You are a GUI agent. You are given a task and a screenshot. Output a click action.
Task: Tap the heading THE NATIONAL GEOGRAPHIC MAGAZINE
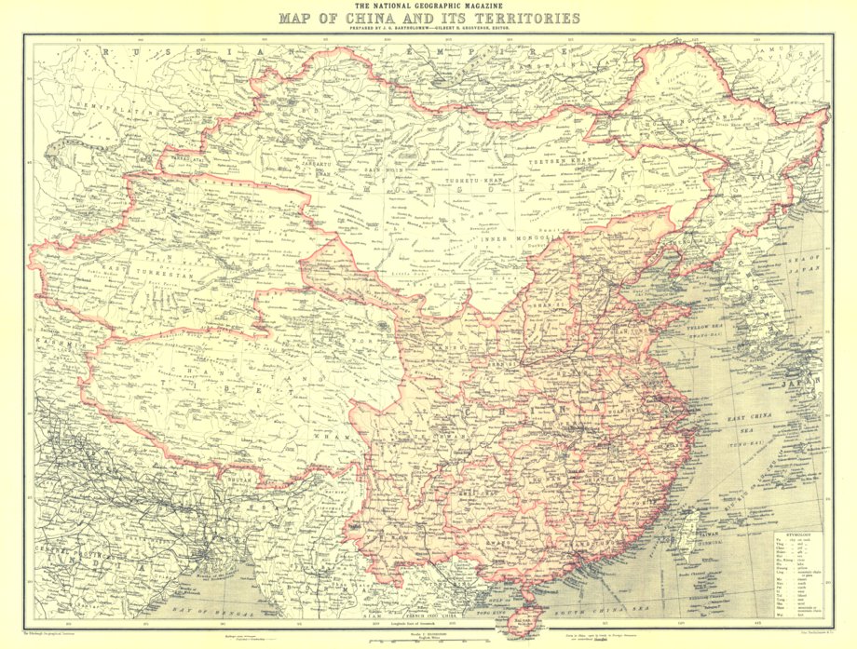point(428,6)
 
